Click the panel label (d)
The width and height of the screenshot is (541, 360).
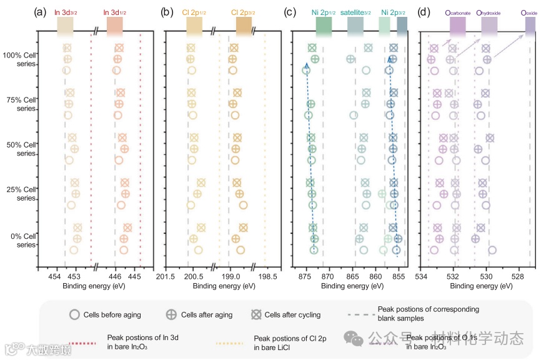424,11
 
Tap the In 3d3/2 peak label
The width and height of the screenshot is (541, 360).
65,11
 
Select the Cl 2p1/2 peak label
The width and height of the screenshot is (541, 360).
194,11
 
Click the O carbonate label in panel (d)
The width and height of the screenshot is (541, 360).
457,11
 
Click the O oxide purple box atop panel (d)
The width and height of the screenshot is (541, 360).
530,26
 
